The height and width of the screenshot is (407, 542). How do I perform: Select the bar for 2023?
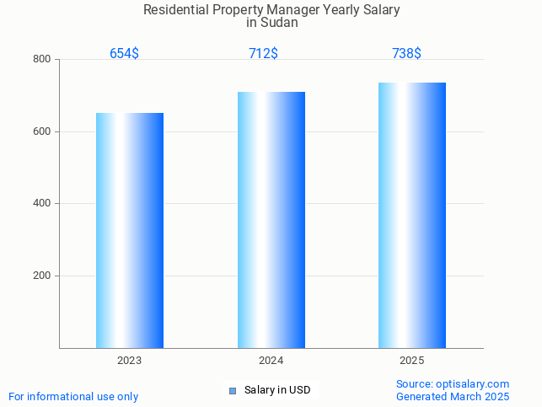[x=130, y=230]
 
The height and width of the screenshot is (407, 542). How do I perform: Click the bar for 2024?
[x=271, y=220]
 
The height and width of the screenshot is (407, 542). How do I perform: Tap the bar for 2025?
[x=412, y=215]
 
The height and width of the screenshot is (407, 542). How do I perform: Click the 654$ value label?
[x=124, y=53]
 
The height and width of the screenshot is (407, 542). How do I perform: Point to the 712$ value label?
[x=263, y=53]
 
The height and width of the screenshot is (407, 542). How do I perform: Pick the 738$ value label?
[x=406, y=53]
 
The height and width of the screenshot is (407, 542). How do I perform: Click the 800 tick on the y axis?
[x=42, y=59]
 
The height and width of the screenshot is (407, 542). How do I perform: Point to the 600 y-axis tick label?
[x=42, y=131]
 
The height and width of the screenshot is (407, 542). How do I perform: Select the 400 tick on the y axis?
[x=42, y=203]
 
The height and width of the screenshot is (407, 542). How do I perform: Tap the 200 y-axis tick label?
[x=42, y=276]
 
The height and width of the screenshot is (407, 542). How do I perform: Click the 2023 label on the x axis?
[x=130, y=361]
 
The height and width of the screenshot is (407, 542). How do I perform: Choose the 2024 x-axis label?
[x=271, y=361]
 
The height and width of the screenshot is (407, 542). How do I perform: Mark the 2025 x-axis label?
[x=412, y=361]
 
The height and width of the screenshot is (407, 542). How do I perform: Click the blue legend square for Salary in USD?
[x=233, y=390]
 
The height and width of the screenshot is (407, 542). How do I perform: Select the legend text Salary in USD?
[x=277, y=390]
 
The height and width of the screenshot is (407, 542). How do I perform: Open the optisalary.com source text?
[x=453, y=383]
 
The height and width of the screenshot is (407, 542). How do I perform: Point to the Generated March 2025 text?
[x=453, y=396]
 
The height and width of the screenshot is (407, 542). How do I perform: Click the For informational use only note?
[x=73, y=396]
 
